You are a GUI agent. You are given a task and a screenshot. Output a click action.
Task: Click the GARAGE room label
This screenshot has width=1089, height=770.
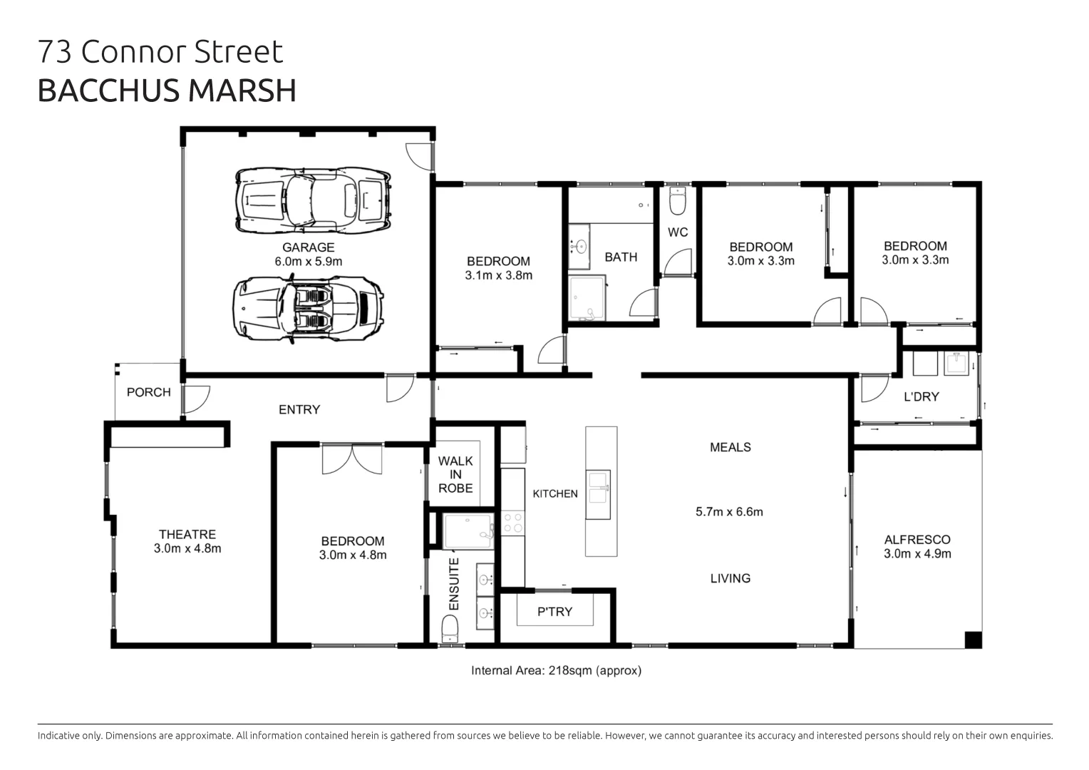point(308,247)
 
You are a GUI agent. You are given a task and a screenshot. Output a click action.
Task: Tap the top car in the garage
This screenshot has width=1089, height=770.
point(314,200)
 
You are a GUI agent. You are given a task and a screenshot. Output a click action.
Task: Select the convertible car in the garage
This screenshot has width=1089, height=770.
point(308,307)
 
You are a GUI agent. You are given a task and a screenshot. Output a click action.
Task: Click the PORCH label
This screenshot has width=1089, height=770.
point(148,392)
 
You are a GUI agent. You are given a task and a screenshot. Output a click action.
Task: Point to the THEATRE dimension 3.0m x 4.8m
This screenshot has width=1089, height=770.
point(187,548)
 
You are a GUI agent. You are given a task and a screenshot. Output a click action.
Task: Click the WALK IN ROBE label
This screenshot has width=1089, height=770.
point(455,474)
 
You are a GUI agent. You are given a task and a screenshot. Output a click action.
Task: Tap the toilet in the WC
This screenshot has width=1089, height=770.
point(677,202)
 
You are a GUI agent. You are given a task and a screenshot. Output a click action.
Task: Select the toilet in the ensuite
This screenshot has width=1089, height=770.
point(450,630)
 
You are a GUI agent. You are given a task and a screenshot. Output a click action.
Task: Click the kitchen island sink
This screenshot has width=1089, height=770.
point(598,494)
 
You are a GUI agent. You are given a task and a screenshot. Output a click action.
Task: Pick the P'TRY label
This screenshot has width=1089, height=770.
point(554,612)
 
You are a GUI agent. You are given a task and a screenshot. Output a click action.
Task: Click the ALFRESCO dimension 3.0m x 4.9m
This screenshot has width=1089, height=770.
point(917,554)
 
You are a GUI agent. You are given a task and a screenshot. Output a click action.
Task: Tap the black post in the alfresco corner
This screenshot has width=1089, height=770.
point(973,640)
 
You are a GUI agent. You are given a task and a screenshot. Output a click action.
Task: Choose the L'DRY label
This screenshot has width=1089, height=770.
point(921,396)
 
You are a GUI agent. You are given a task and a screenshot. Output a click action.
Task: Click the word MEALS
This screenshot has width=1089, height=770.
point(730,447)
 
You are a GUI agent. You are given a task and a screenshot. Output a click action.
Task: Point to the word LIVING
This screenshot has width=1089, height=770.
point(730,578)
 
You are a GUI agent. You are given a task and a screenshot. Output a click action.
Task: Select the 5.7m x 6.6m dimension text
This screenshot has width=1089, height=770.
point(728,512)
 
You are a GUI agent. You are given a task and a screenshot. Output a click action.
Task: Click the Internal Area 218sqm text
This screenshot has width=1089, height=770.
point(556,670)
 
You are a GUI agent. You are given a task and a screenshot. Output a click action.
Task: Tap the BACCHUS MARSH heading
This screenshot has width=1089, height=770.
point(167,91)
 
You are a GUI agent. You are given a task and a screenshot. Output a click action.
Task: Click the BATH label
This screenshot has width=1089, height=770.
point(621,257)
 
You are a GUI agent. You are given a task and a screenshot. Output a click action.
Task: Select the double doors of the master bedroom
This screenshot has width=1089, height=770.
point(352,459)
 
